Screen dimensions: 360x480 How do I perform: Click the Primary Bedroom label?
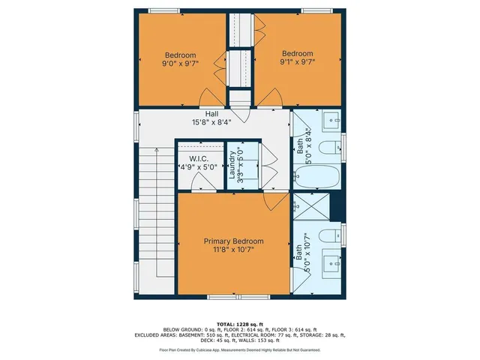point(232,241)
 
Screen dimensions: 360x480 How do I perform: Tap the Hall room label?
point(213,113)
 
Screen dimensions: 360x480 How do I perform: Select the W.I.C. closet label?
point(198,158)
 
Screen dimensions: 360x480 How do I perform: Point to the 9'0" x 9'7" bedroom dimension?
point(181,64)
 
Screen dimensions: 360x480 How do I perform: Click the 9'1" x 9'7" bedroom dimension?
point(296,63)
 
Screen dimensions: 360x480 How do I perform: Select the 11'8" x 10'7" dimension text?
point(232,250)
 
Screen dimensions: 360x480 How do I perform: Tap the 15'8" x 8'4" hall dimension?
point(213,122)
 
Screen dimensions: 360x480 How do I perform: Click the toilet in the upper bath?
point(331,147)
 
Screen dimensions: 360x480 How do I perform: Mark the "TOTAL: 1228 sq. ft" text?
point(240,324)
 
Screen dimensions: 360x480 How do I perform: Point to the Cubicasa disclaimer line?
point(240,350)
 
